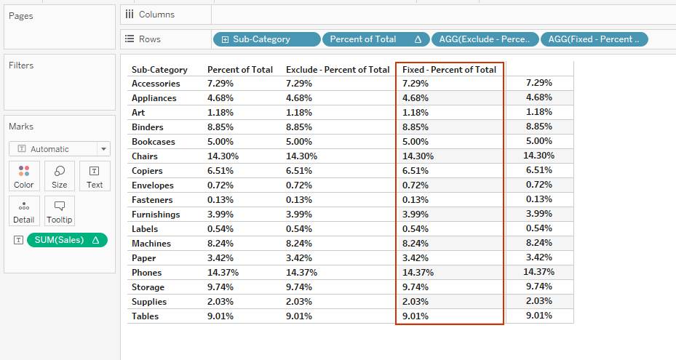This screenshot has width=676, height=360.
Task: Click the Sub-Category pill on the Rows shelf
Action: (266, 39)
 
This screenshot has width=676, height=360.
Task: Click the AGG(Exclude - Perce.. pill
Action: (485, 39)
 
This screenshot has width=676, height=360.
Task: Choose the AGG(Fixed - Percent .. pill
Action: (594, 39)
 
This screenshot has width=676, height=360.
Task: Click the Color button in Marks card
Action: (24, 176)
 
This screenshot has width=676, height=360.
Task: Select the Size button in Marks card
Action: (60, 176)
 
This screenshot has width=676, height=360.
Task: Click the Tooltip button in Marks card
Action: (60, 211)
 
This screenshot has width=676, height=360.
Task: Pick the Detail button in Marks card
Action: (24, 211)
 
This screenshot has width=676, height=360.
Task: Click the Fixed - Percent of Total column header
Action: (449, 70)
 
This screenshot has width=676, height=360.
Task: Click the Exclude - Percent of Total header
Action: (338, 70)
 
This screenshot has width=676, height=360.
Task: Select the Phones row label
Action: (147, 272)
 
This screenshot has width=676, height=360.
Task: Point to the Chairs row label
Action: (145, 156)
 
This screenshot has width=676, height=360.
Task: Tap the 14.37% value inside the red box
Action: (418, 272)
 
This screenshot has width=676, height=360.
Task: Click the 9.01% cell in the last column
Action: (539, 316)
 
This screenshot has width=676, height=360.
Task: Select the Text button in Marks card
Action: (95, 176)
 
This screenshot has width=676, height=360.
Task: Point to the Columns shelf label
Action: (156, 15)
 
